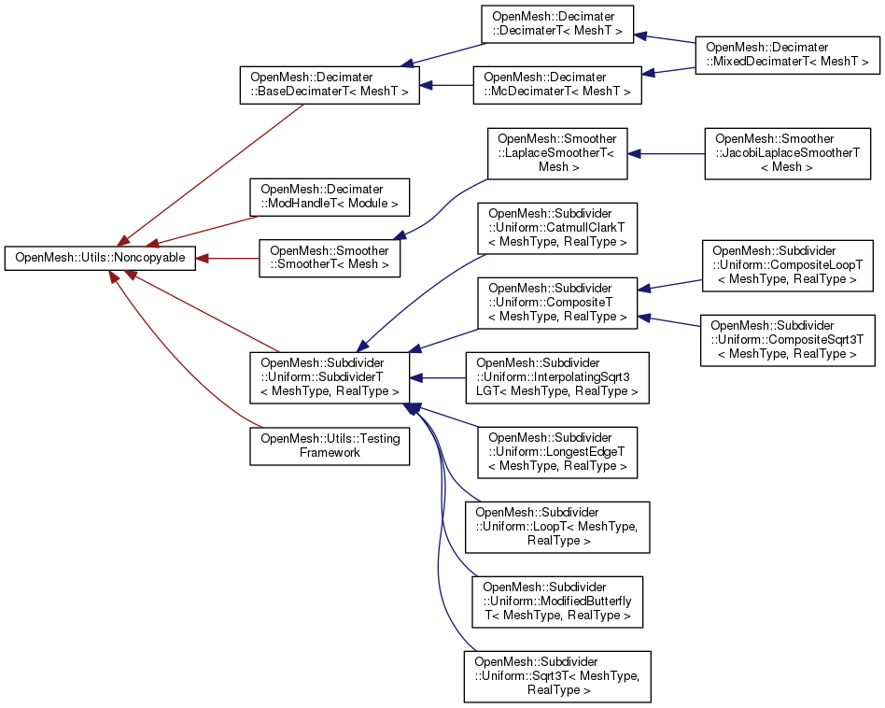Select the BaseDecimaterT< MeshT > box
pos(330,84)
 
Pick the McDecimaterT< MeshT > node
pos(557,84)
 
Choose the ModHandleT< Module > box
pos(330,195)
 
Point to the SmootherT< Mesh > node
pos(330,259)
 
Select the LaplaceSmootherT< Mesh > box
pos(557,154)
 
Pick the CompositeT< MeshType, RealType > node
pos(557,303)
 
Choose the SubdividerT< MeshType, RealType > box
pos(330,377)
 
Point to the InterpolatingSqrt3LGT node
pos(556,377)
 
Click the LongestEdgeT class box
pos(557,451)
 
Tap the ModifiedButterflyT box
pos(557,602)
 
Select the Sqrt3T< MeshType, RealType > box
pos(556,676)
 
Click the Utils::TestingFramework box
pos(330,446)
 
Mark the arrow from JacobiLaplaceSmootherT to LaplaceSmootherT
pos(667,154)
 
